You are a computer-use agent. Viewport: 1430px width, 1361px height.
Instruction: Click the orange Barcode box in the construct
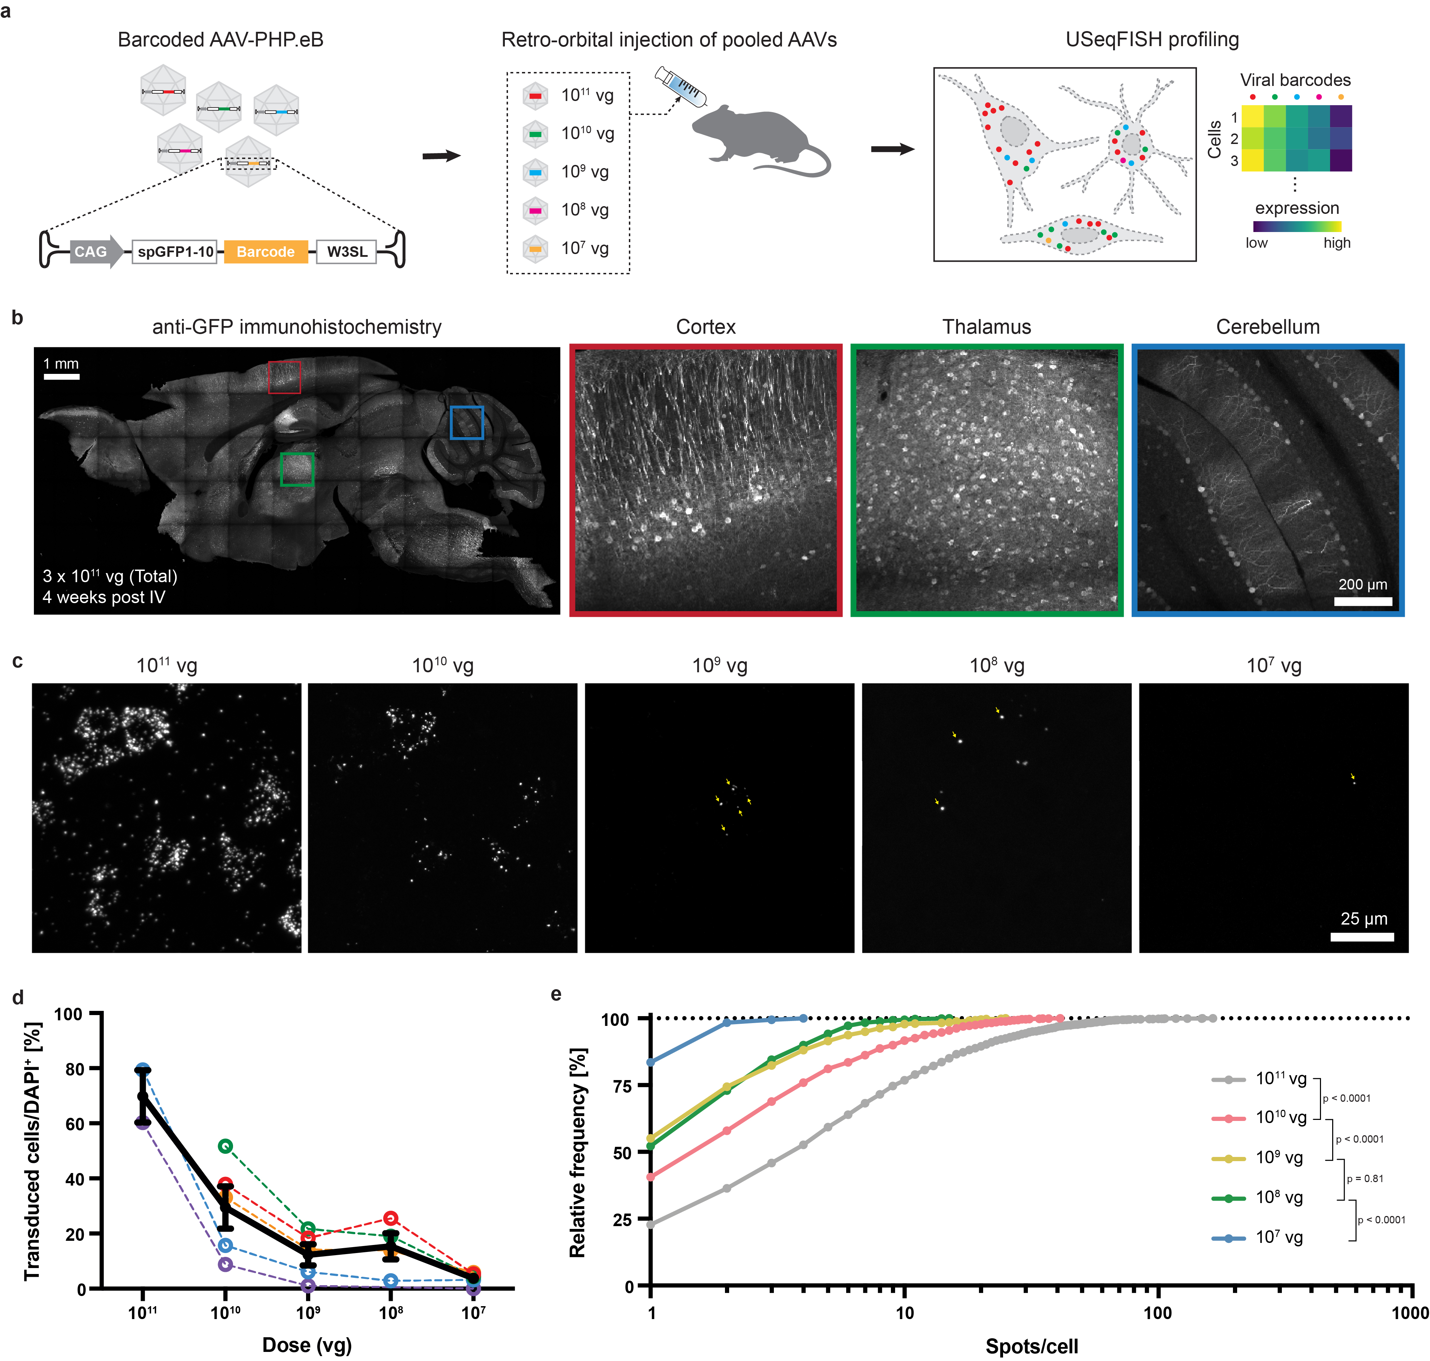coord(266,252)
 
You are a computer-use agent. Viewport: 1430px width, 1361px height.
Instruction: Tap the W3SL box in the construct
coord(347,252)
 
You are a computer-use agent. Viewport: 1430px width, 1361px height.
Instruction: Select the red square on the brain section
coord(284,377)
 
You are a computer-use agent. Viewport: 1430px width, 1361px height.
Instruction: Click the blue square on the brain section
coord(466,422)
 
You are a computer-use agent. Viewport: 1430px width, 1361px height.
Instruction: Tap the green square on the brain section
coord(297,469)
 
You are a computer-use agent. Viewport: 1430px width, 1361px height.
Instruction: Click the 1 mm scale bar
coord(62,377)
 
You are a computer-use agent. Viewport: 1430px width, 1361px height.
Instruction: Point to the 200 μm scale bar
coord(1363,601)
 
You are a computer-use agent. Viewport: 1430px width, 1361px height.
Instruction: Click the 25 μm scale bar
coord(1362,936)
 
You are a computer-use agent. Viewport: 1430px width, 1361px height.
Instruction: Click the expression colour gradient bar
coord(1297,226)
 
